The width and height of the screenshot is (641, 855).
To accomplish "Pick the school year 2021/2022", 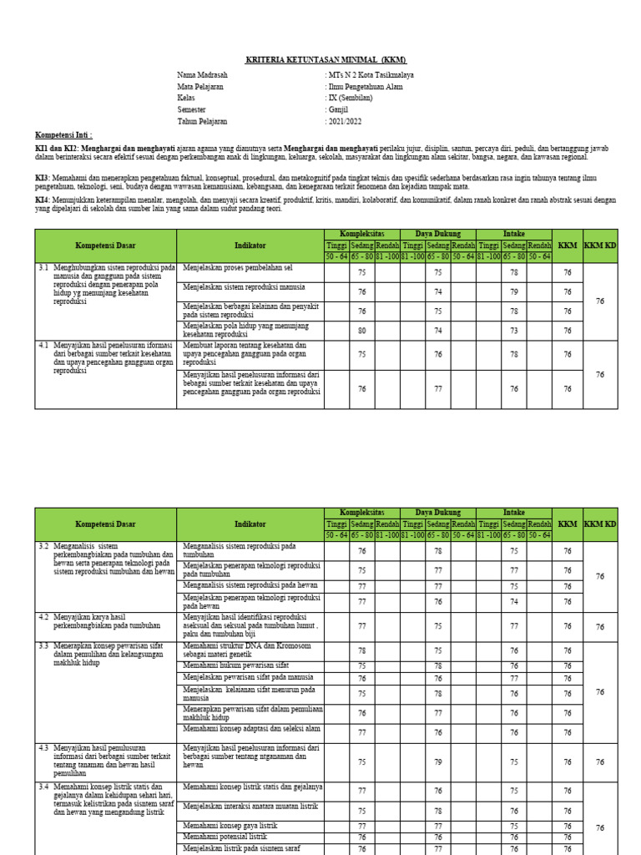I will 346,121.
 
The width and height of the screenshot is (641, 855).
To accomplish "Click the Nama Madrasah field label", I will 202,74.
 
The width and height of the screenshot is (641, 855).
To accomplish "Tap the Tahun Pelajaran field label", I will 202,121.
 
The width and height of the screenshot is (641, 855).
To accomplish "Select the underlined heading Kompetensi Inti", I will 63,134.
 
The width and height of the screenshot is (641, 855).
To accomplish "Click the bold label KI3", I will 42,178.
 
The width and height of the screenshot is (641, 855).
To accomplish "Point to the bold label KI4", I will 42,200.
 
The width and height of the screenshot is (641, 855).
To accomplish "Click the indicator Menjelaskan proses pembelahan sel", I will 237,268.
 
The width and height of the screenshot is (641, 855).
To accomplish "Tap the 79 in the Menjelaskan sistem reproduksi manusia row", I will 514,291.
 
